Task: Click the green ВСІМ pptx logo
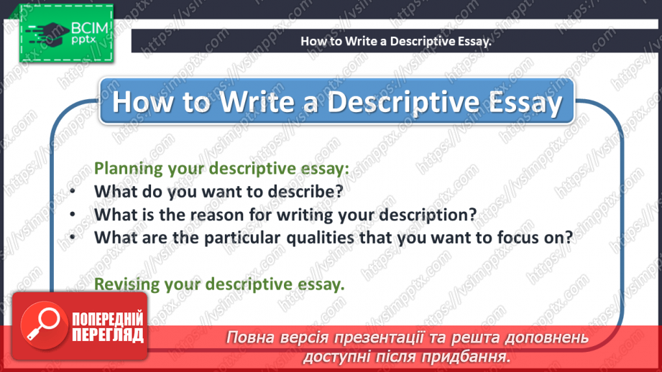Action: coord(66,34)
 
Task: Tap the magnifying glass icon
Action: coord(43,325)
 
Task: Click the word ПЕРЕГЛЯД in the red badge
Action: coord(108,335)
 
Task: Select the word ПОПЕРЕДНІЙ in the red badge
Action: coord(108,318)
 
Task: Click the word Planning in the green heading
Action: coord(129,169)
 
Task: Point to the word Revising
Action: coord(127,284)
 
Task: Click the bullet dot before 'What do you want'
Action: coord(73,192)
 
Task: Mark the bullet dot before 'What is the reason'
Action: coord(73,215)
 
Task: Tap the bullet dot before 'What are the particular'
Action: coord(73,238)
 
